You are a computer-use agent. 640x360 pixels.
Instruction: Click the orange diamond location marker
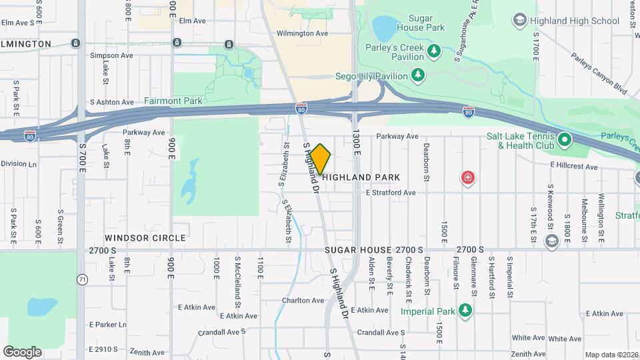(x=321, y=159)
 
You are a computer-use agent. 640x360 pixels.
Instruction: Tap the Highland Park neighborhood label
(x=361, y=177)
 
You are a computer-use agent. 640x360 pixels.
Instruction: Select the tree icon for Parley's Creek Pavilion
(x=434, y=51)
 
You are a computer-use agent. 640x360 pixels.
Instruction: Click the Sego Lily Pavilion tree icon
(x=418, y=75)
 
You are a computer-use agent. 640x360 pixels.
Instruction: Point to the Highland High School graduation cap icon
(x=519, y=21)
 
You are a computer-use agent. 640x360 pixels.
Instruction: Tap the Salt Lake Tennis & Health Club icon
(x=565, y=140)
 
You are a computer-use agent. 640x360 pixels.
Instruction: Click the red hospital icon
(x=468, y=177)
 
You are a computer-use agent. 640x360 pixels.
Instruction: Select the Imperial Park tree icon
(x=465, y=311)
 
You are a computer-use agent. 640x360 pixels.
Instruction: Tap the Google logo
(x=23, y=351)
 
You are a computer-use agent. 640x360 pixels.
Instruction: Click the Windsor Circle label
(x=145, y=238)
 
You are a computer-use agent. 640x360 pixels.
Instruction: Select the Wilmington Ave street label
(x=303, y=33)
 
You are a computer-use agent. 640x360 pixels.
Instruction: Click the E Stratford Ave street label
(x=390, y=193)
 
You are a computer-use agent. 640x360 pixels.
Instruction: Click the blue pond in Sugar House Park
(x=384, y=29)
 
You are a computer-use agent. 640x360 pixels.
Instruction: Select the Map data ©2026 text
(x=611, y=355)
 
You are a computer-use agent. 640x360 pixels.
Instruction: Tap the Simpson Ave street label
(x=111, y=55)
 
